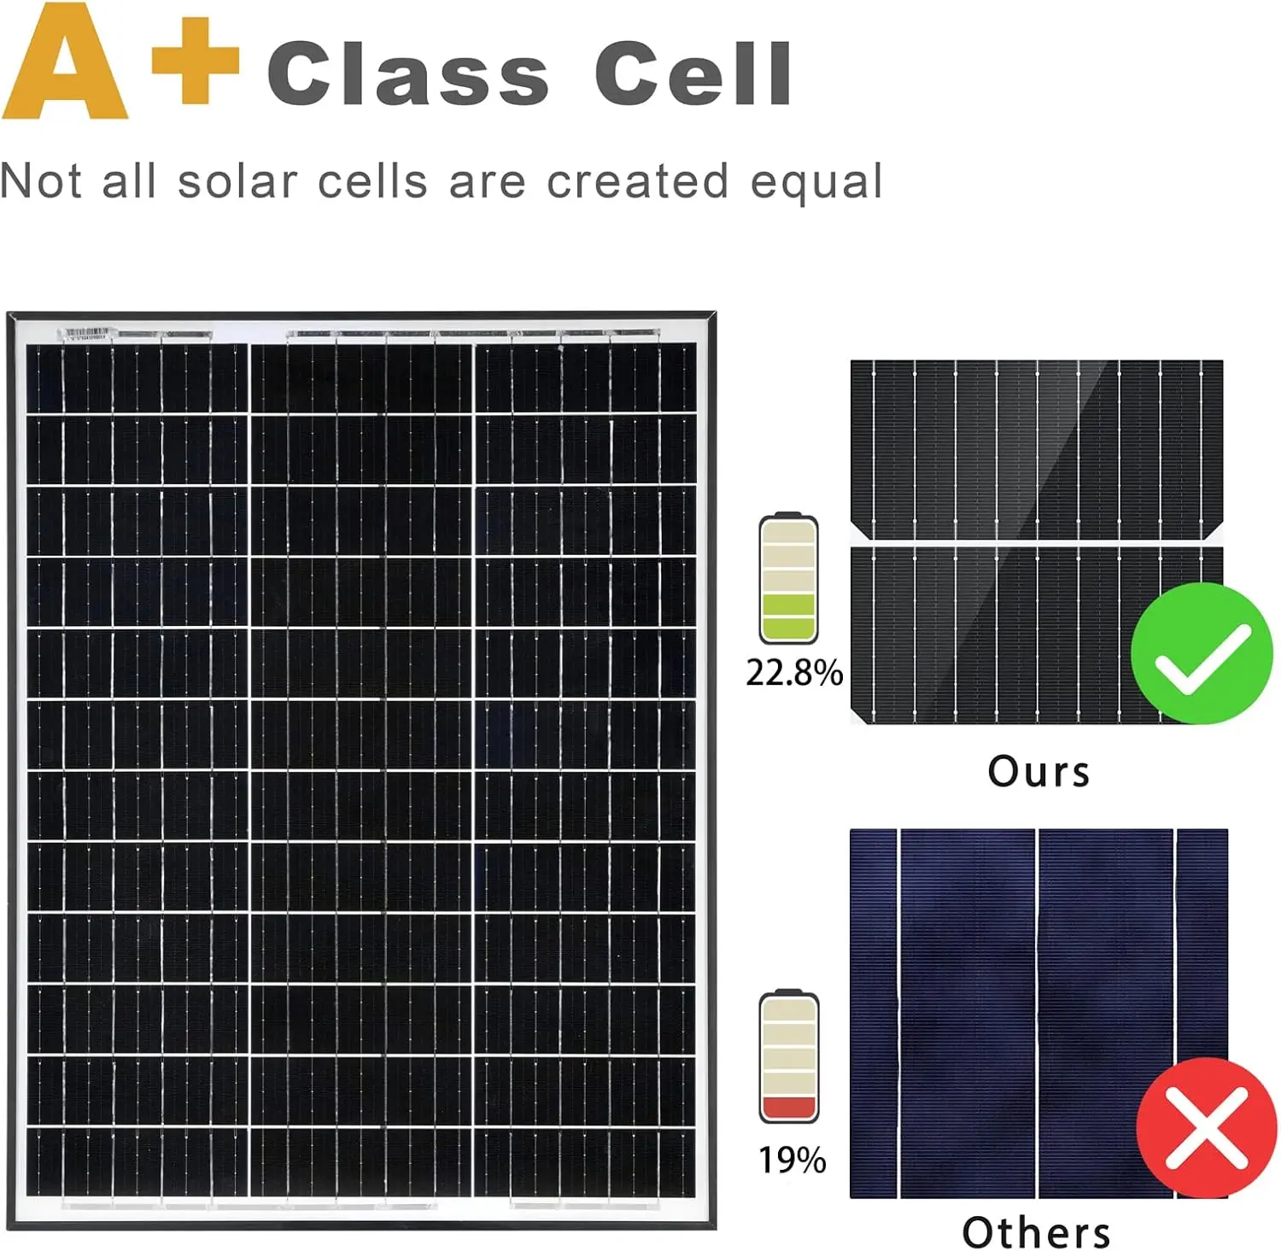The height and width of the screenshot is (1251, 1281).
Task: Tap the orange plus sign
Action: tap(195, 61)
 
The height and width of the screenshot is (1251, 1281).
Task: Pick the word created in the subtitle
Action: tap(637, 181)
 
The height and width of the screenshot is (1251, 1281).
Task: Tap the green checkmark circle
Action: tap(1202, 653)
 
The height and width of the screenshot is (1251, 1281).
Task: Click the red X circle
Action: tap(1207, 1127)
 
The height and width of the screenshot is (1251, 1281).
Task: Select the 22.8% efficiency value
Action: tap(794, 673)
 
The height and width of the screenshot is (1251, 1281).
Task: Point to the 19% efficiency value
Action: tap(793, 1160)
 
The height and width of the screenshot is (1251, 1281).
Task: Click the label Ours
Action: tap(1038, 772)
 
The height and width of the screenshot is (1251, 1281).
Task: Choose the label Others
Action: tap(1037, 1232)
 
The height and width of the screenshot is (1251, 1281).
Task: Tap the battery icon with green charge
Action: tap(788, 577)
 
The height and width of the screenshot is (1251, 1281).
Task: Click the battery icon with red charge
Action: tap(789, 1056)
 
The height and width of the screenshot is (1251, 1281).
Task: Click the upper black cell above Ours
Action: tap(1037, 449)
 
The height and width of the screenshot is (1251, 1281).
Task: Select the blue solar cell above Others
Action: tap(1038, 1014)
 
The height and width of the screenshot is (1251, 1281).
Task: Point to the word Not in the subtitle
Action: tap(40, 181)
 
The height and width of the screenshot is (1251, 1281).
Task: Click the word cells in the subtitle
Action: tap(372, 181)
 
